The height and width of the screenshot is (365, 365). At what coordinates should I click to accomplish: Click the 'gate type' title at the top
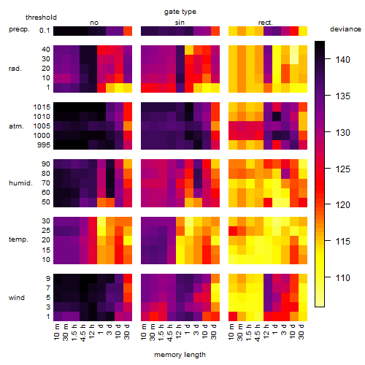click(180, 12)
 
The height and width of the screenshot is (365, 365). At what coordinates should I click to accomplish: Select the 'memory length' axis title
click(180, 355)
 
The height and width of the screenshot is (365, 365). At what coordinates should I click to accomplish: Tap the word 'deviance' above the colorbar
click(345, 29)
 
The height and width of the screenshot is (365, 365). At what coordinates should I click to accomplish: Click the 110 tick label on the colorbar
click(343, 277)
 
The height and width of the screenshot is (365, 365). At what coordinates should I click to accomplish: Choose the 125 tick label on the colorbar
click(343, 169)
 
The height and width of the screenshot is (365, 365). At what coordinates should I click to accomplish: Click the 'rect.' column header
click(266, 23)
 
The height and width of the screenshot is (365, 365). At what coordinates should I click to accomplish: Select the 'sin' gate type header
click(180, 23)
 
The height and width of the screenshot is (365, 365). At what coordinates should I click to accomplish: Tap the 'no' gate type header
click(94, 23)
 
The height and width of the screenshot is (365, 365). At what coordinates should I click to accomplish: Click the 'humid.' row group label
click(20, 183)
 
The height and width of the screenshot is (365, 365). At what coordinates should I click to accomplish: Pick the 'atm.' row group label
click(16, 126)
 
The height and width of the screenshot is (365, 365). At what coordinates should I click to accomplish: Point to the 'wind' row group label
click(17, 298)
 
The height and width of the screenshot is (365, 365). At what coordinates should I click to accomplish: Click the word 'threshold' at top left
click(41, 18)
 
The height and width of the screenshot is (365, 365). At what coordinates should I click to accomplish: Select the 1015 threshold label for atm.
click(42, 107)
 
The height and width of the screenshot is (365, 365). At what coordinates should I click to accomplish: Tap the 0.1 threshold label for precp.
click(45, 31)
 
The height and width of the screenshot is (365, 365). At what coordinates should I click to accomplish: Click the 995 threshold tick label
click(44, 145)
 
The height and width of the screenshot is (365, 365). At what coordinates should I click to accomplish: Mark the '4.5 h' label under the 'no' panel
click(83, 332)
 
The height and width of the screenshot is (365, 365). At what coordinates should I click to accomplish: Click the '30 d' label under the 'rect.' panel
click(301, 332)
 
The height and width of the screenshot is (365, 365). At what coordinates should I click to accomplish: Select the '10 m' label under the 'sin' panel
click(144, 332)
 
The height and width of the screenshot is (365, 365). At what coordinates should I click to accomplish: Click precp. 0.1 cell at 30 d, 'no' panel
click(128, 31)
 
